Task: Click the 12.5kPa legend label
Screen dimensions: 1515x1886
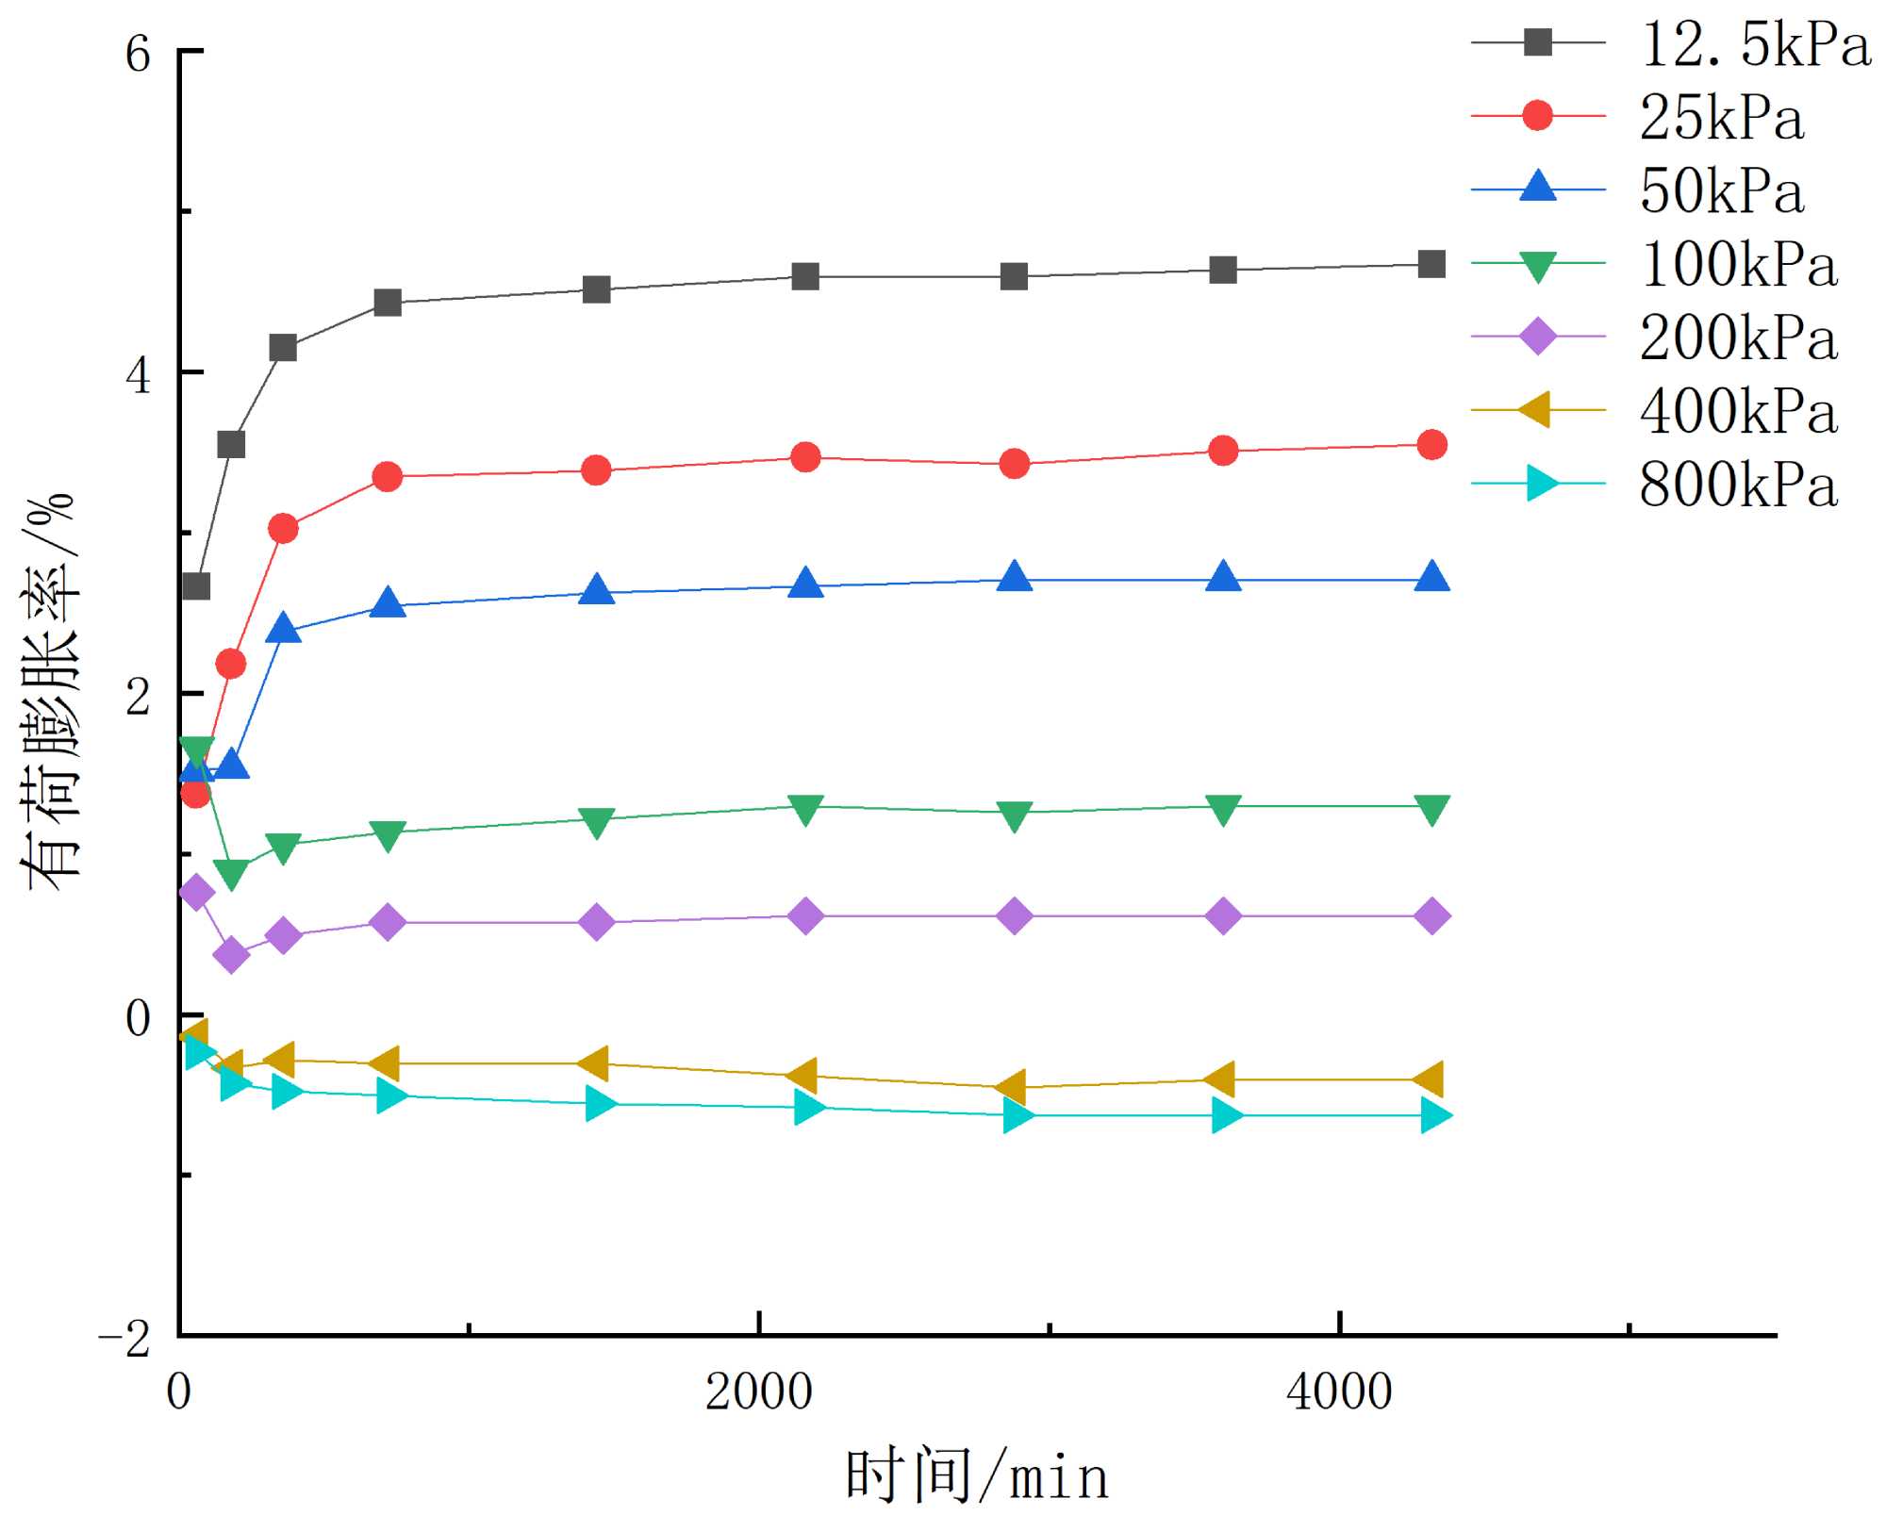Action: click(1755, 44)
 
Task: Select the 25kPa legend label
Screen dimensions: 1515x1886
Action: click(1721, 118)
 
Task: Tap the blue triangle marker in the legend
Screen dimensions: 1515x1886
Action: click(1538, 189)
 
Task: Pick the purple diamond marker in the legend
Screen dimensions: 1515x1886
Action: click(1538, 337)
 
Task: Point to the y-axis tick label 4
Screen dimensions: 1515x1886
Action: click(138, 375)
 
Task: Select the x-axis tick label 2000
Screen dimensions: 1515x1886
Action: click(758, 1392)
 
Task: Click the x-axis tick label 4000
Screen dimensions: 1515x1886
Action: click(1339, 1392)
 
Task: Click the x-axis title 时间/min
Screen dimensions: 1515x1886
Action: click(977, 1476)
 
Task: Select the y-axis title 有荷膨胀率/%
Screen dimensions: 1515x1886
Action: click(49, 693)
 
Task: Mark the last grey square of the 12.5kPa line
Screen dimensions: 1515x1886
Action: click(1431, 264)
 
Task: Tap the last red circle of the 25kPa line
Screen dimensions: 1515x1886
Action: click(1431, 445)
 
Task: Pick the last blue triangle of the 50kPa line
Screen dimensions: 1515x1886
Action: click(1431, 577)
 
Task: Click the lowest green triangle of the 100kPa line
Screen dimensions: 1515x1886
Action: click(231, 873)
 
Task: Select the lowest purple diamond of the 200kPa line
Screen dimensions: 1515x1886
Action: click(231, 956)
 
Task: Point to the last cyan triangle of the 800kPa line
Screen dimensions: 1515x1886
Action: click(1434, 1116)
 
